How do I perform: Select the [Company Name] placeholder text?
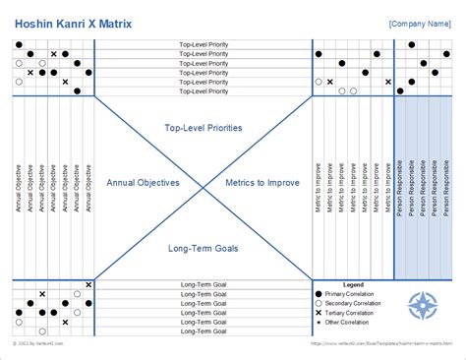pyautogui.click(x=420, y=22)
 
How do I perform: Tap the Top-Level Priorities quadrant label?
pyautogui.click(x=204, y=128)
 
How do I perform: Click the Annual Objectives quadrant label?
pyautogui.click(x=144, y=183)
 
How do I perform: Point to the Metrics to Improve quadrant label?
pyautogui.click(x=263, y=183)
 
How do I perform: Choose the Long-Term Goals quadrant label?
pyautogui.click(x=204, y=249)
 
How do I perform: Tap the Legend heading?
pyautogui.click(x=353, y=285)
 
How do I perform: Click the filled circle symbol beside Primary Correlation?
pyautogui.click(x=320, y=295)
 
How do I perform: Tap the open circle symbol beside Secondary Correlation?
pyautogui.click(x=320, y=304)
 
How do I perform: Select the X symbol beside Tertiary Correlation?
pyautogui.click(x=320, y=313)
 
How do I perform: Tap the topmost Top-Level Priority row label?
pyautogui.click(x=204, y=45)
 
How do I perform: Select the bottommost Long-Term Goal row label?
pyautogui.click(x=204, y=330)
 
